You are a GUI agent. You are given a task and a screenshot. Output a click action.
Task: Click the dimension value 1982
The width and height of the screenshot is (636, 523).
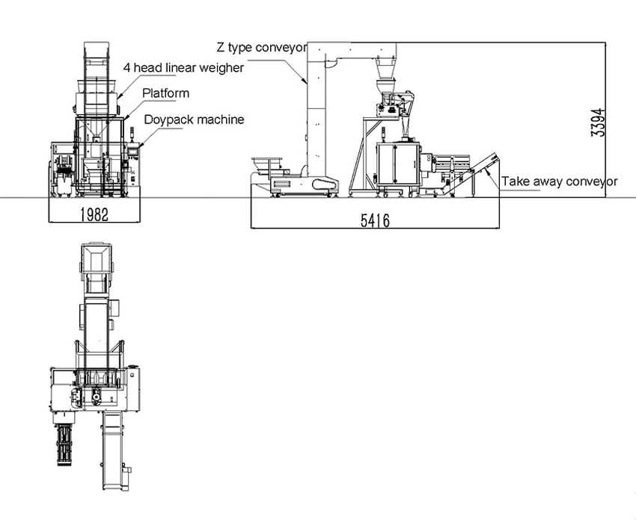94,214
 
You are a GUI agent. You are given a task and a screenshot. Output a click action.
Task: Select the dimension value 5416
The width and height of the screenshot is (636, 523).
375,220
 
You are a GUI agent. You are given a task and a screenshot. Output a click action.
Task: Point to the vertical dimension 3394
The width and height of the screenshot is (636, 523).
599,123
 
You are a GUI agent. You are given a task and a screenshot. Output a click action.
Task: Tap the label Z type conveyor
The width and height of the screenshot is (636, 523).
262,47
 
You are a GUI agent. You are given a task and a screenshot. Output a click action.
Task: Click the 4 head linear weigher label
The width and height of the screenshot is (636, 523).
183,68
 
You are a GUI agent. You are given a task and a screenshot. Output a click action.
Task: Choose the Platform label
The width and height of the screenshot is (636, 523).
165,93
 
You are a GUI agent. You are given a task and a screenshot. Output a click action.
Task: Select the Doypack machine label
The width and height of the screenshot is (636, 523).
195,120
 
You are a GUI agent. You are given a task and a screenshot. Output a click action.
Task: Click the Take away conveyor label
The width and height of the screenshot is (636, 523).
560,182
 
